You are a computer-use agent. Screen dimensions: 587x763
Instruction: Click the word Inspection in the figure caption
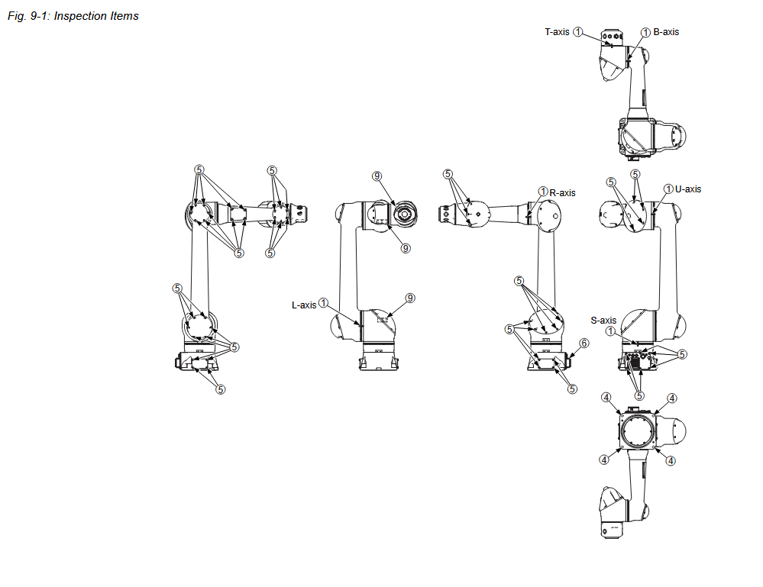(81, 15)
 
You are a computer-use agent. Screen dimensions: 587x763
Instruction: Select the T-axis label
(557, 32)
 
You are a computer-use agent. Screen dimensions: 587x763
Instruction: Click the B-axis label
(666, 32)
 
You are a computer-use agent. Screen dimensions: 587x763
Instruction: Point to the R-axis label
(563, 193)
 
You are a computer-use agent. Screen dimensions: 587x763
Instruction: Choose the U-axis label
(688, 189)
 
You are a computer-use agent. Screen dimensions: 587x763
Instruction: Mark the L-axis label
(304, 305)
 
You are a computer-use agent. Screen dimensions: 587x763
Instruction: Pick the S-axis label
(603, 321)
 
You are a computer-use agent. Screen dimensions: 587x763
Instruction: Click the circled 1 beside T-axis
(578, 32)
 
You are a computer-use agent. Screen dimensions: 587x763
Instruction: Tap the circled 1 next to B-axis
(645, 32)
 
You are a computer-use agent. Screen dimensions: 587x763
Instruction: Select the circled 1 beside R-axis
(543, 192)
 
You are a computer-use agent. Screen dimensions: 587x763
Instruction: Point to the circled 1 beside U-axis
(668, 189)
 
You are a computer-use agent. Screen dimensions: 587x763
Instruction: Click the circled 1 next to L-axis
(324, 304)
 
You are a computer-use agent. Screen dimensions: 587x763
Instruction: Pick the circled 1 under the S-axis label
(610, 331)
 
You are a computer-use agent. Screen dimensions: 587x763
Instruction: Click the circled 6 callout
(584, 343)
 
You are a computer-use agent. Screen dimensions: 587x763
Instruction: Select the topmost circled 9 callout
(377, 176)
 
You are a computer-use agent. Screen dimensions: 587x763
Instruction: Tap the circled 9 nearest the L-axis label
(410, 297)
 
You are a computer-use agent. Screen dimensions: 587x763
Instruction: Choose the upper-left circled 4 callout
(606, 397)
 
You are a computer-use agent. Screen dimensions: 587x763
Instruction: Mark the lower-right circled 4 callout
(671, 460)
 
